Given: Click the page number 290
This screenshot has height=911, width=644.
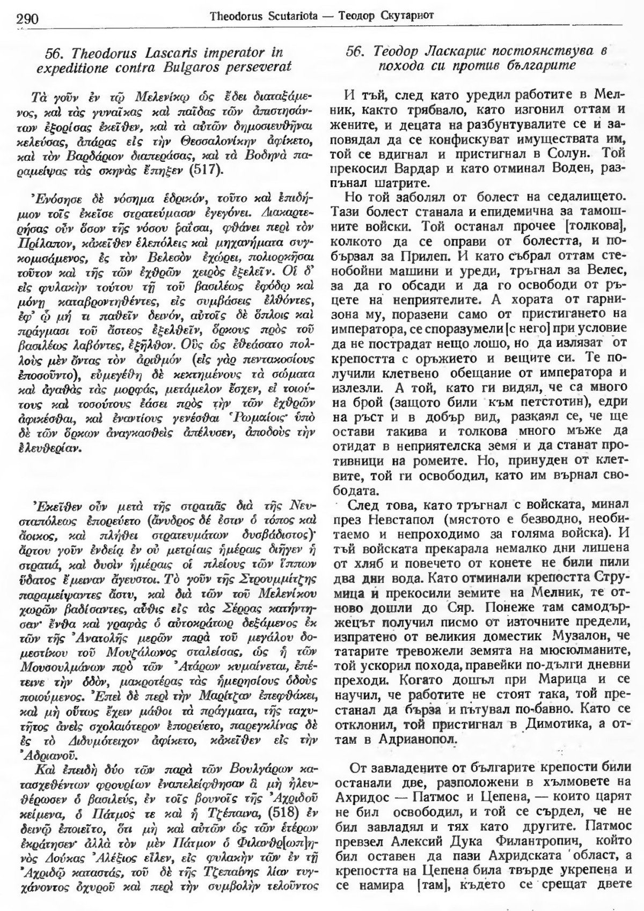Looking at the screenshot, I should click(x=26, y=19).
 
